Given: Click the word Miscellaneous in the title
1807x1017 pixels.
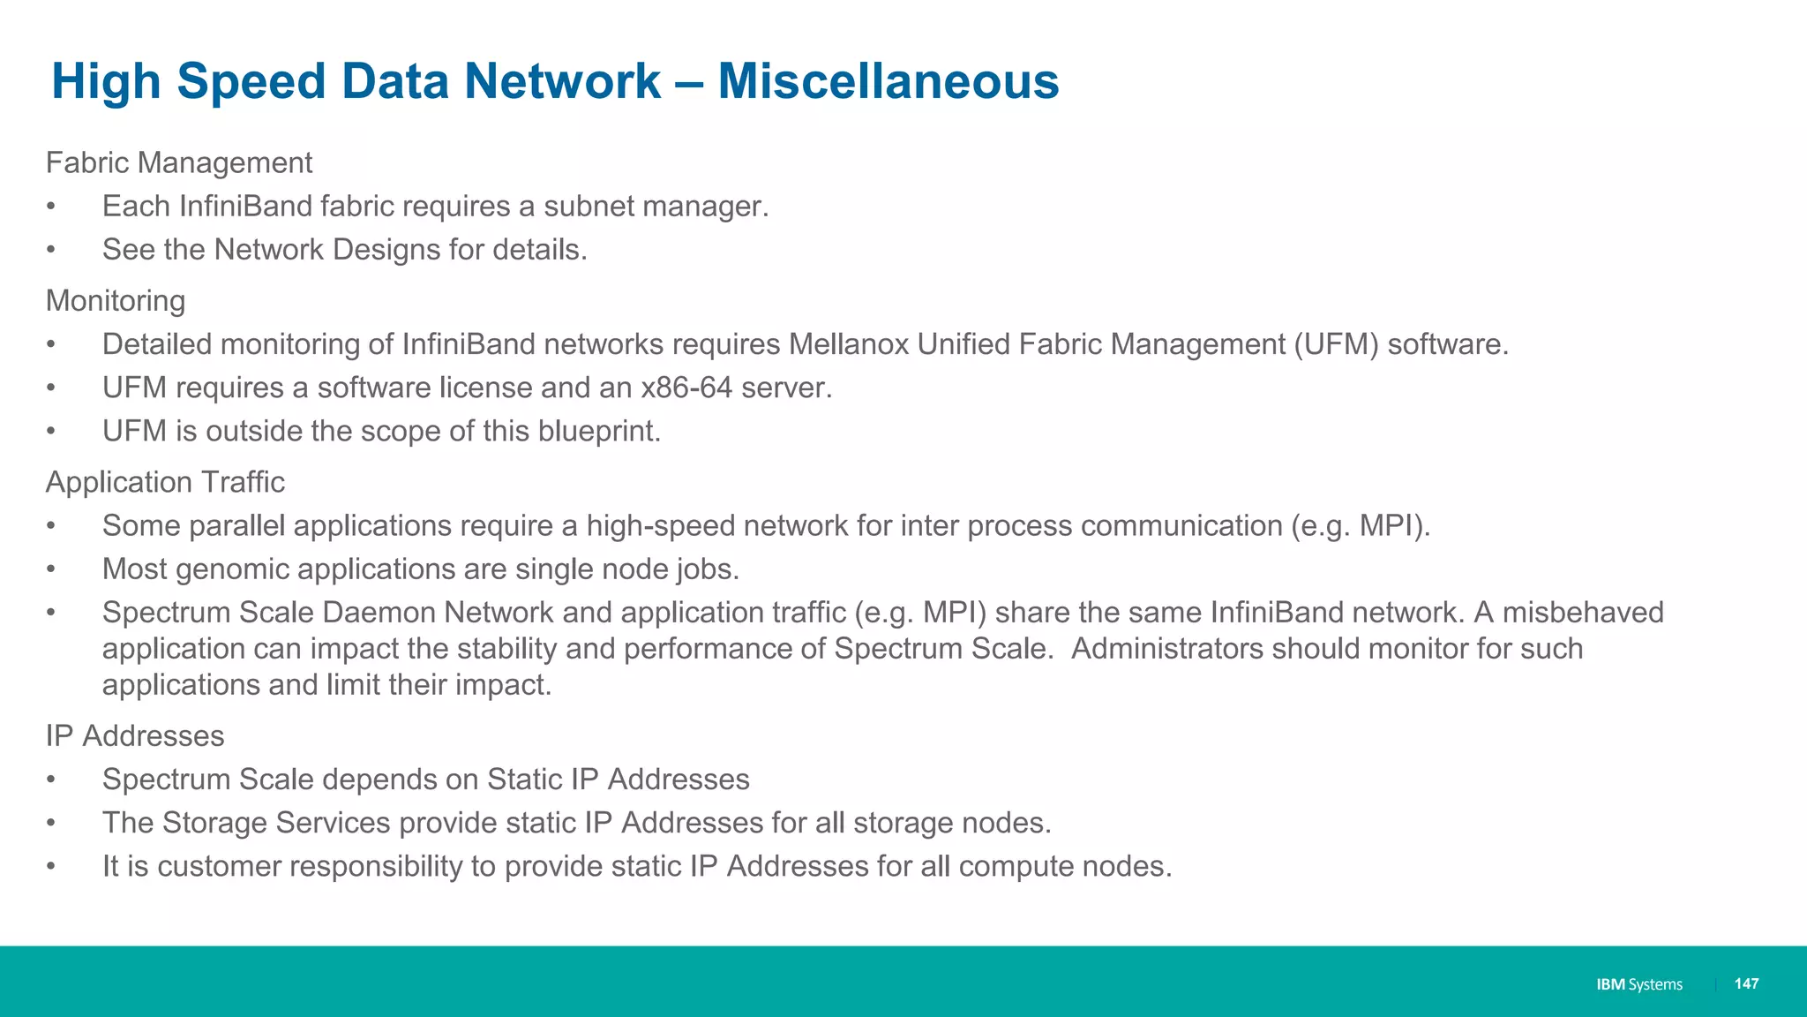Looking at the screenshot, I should [x=888, y=81].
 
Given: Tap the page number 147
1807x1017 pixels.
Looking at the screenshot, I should [x=1746, y=983].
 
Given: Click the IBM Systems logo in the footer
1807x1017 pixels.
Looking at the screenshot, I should [x=1638, y=984].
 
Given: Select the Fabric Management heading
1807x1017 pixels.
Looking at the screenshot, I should [x=179, y=162].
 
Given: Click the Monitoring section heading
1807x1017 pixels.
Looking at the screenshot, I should [x=116, y=301].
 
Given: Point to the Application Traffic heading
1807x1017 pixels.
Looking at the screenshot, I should [x=165, y=482].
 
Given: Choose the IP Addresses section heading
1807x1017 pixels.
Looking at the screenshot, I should [x=135, y=735].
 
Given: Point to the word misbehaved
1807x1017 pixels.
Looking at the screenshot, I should [x=1583, y=612].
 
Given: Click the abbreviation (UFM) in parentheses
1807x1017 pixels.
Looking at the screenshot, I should [x=1336, y=344].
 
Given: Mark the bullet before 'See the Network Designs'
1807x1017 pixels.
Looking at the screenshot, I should [x=51, y=250].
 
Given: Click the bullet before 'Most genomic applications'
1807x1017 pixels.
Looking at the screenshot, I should [x=51, y=569].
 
